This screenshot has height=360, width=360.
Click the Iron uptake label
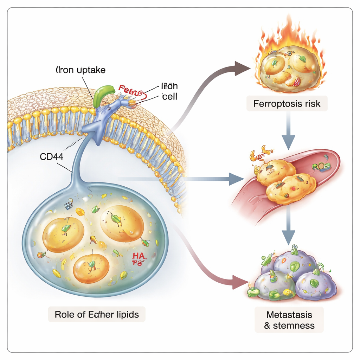[x=81, y=70]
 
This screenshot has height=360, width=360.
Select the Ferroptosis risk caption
[x=287, y=104]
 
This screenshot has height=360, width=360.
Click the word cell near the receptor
[x=170, y=96]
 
